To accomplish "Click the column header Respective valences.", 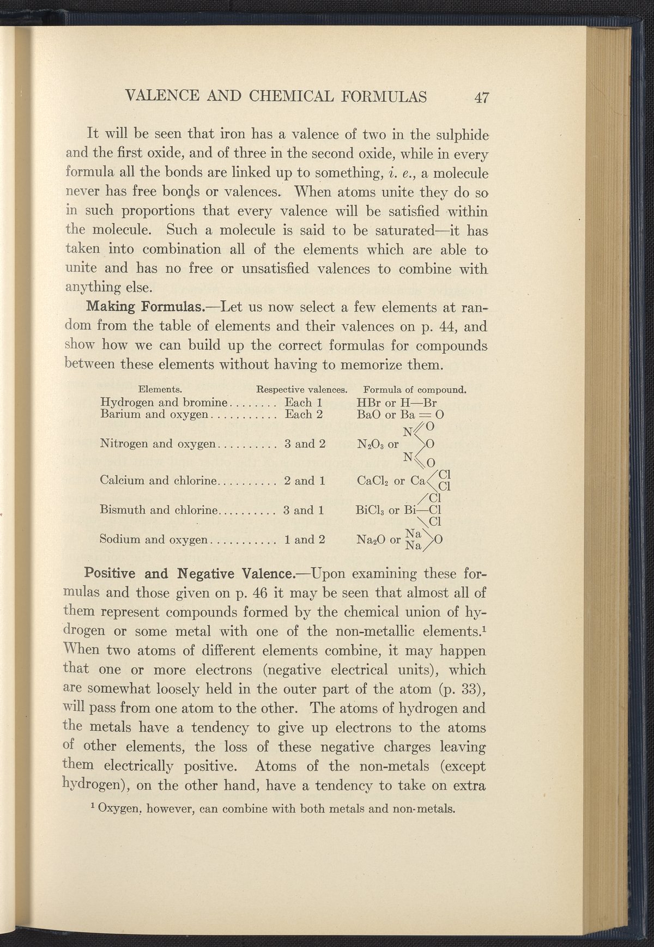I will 302,390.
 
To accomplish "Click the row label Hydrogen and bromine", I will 163,403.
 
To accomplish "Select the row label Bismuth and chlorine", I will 160,511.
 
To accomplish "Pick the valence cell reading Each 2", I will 305,414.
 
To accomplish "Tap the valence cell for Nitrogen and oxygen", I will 305,444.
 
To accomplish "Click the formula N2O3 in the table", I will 370,444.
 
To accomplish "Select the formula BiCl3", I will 371,511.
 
